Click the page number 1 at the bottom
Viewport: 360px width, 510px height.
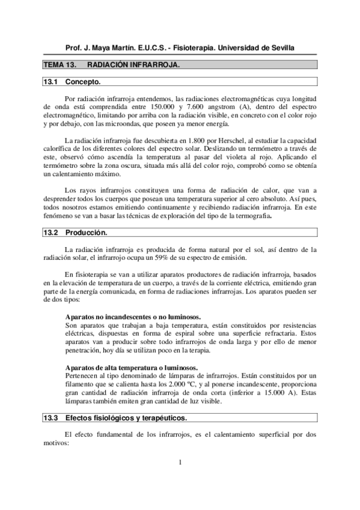click(180, 479)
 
